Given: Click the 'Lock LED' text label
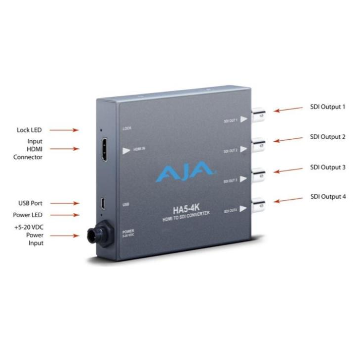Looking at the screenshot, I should [29, 130].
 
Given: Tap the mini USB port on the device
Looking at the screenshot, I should [101, 203].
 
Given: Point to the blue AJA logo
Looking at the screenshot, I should [186, 174].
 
